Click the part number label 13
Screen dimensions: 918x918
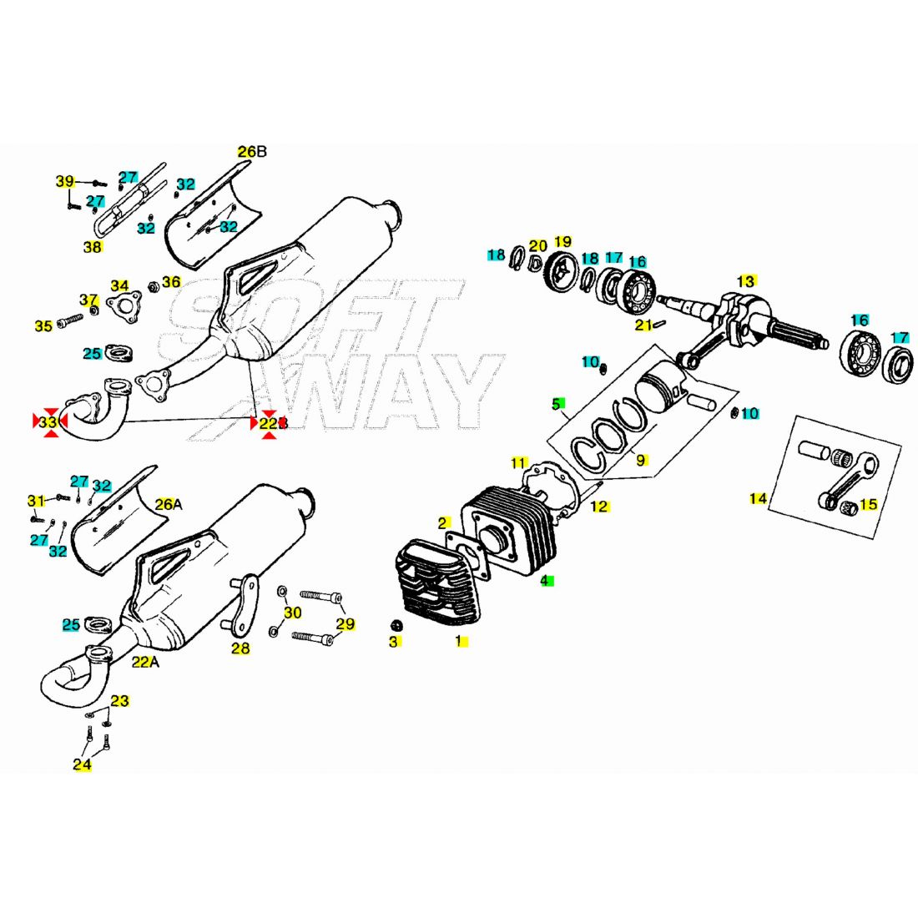click(745, 280)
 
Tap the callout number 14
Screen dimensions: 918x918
click(758, 499)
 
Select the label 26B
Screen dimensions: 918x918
click(251, 152)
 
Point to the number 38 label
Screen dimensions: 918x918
click(92, 247)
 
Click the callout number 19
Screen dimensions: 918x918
click(562, 242)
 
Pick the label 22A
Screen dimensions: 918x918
click(144, 662)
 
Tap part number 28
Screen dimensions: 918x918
click(240, 648)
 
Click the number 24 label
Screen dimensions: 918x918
click(82, 764)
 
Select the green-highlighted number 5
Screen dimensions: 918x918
click(556, 404)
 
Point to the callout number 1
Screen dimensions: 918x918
click(458, 641)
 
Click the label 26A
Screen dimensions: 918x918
click(167, 504)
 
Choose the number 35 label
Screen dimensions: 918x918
click(43, 325)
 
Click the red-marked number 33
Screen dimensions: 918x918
click(49, 422)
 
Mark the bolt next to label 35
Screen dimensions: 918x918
click(71, 320)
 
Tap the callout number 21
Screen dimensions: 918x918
click(643, 325)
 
